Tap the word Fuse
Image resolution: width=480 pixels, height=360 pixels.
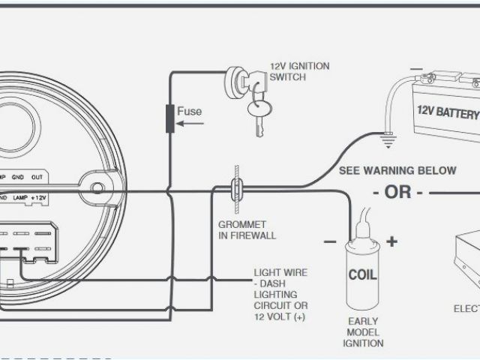(189, 112)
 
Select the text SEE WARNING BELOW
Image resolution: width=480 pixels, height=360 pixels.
(397, 171)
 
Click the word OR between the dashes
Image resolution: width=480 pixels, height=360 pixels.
(397, 192)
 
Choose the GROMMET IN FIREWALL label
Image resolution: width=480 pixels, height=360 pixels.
(247, 230)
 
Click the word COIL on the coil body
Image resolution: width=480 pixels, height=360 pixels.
(361, 274)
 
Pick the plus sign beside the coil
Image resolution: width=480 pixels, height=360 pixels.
(391, 241)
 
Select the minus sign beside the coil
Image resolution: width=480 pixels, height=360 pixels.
(329, 241)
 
